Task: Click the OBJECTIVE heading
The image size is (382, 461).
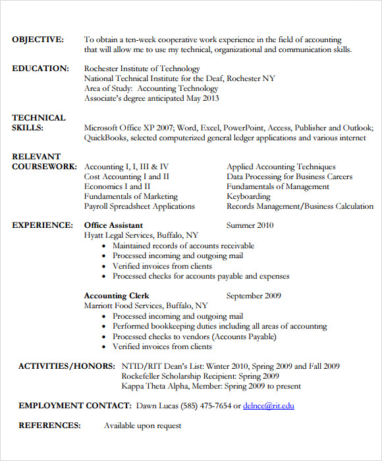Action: click(x=38, y=40)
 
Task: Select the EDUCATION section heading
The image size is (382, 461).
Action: click(x=40, y=68)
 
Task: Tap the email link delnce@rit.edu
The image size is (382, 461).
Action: click(x=268, y=406)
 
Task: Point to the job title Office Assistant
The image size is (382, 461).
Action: click(x=114, y=225)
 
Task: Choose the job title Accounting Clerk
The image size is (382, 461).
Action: click(x=117, y=296)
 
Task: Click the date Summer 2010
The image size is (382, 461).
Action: click(x=250, y=225)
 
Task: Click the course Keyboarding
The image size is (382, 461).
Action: click(x=248, y=196)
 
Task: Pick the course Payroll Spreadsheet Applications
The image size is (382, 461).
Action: click(x=140, y=206)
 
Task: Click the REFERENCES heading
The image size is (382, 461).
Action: click(x=49, y=425)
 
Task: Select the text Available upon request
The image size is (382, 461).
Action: click(x=142, y=425)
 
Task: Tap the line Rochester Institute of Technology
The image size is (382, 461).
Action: click(x=142, y=68)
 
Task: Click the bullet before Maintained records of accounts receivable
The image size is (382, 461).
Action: click(x=105, y=246)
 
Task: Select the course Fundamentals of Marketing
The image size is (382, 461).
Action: click(x=131, y=196)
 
